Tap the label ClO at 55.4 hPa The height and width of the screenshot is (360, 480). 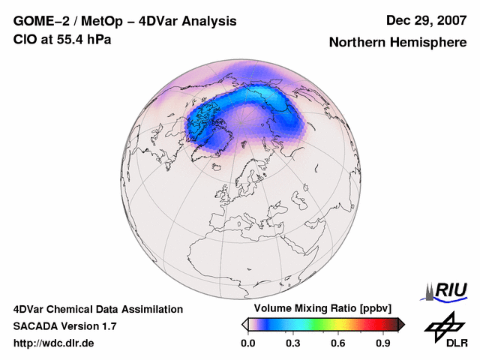pos(62,40)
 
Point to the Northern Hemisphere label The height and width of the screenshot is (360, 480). pos(397,43)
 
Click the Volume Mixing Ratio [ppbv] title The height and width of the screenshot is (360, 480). pos(319,309)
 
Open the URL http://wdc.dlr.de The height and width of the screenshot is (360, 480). pos(54,343)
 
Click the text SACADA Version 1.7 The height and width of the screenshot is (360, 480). pos(64,326)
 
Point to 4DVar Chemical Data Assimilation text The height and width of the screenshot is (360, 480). pos(98,309)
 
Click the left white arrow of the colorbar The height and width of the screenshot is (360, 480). pos(244,324)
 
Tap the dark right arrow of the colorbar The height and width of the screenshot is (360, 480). pos(401,324)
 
